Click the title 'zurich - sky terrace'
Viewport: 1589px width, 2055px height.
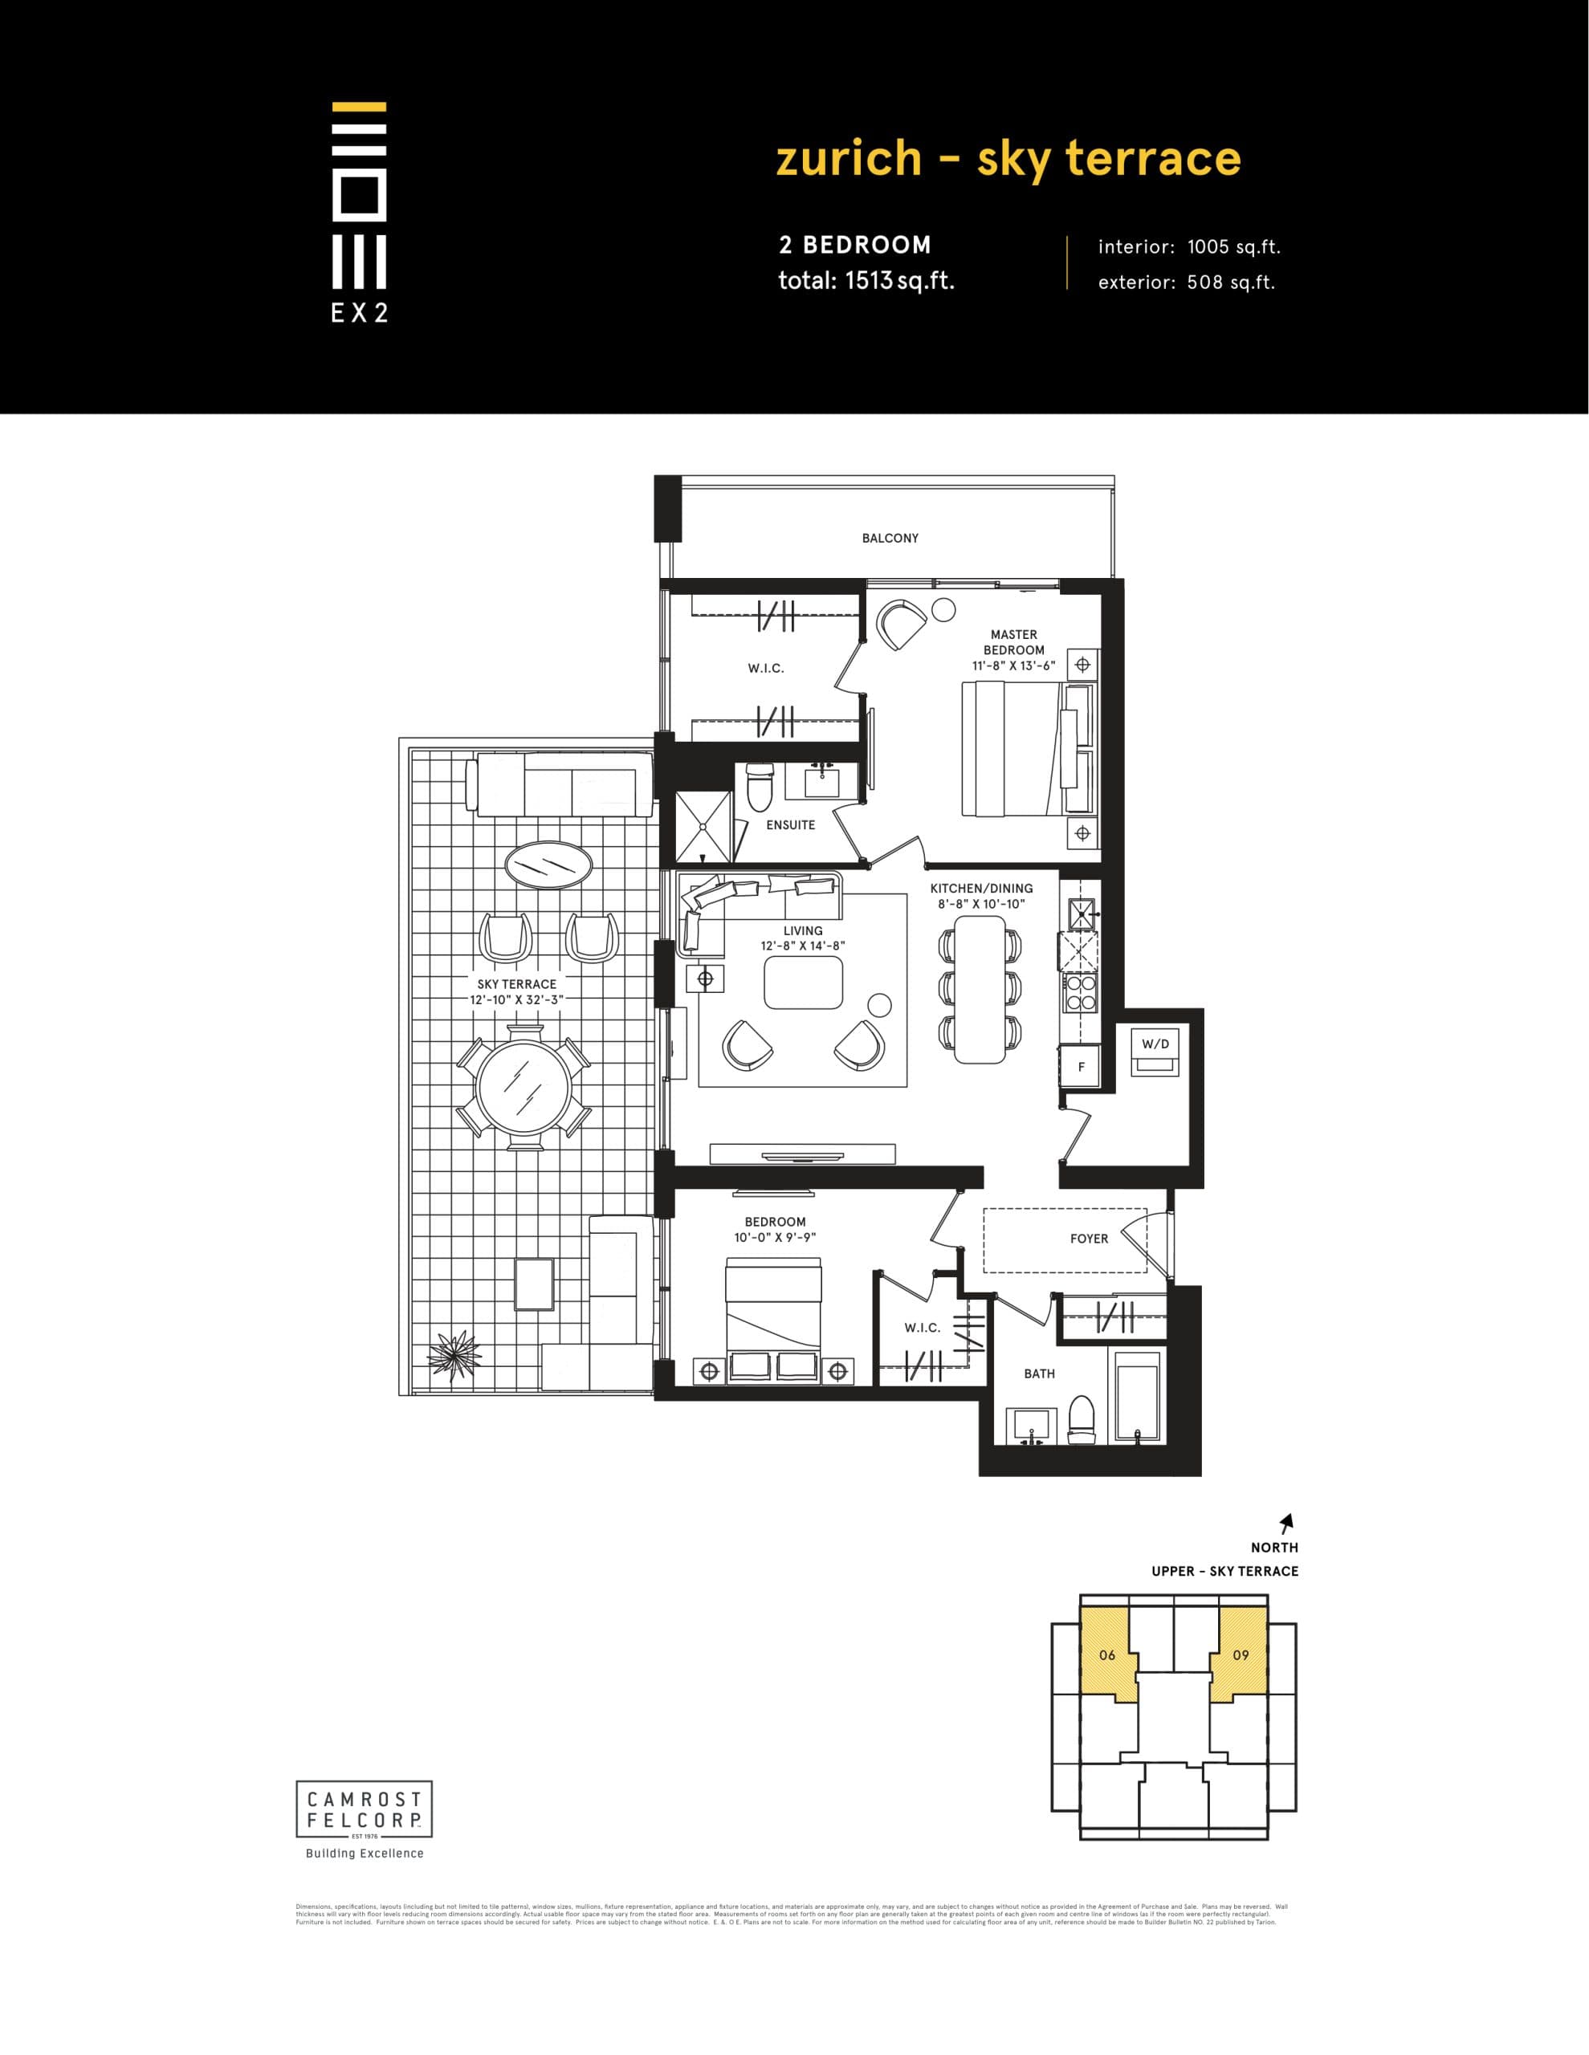coord(1008,159)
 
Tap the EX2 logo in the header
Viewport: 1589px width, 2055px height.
coord(360,212)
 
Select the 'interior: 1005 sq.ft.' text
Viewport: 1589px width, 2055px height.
coord(1189,247)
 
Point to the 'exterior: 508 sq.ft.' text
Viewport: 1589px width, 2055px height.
coord(1186,283)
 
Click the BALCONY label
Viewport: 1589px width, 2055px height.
coord(890,538)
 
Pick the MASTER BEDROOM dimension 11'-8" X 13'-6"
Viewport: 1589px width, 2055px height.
coord(1014,665)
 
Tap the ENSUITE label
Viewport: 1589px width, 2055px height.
coord(790,825)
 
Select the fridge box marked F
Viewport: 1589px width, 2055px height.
coord(1082,1067)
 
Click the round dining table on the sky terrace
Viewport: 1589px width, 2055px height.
coord(524,1087)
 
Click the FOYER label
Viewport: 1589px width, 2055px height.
coord(1089,1239)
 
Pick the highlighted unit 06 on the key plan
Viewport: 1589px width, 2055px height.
coord(1108,1654)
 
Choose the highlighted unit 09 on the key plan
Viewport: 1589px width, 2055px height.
coord(1240,1654)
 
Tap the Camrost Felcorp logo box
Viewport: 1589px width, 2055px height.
coord(365,1809)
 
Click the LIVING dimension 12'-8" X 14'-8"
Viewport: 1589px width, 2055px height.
coord(803,946)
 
